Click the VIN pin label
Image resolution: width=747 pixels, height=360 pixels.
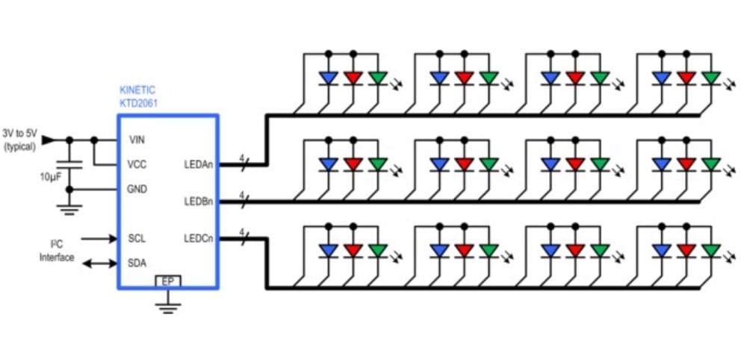point(137,140)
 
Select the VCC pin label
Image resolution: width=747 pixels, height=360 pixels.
point(137,164)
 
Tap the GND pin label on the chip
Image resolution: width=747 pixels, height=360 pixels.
point(137,189)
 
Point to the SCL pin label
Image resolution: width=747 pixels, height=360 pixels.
point(137,239)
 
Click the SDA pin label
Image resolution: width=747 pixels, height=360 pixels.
point(137,263)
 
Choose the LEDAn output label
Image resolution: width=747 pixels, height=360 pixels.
point(198,165)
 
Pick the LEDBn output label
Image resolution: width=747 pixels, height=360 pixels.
point(198,202)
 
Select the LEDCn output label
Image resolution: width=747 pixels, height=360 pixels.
point(198,239)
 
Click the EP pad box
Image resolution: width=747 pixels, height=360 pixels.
point(167,282)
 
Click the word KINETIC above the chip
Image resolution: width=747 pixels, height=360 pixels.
point(137,90)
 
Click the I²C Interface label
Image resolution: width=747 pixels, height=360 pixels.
point(57,251)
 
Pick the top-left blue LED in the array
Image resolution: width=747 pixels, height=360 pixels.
point(328,78)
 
